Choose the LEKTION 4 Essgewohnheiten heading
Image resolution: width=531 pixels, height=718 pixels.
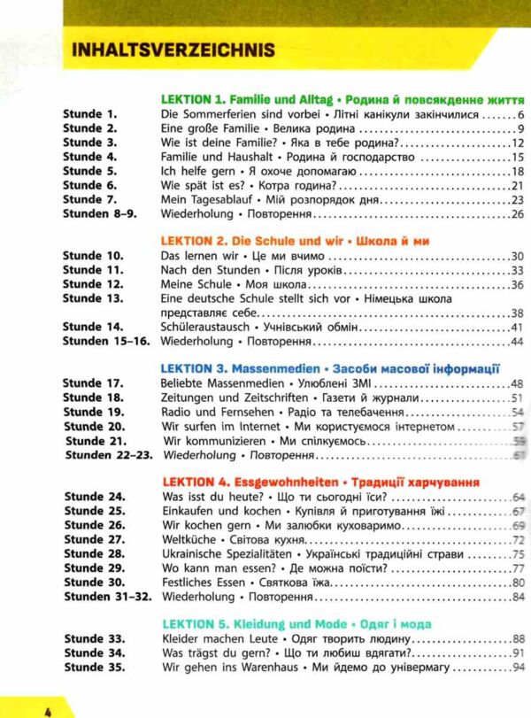click(322, 483)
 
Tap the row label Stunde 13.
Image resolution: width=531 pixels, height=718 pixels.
click(95, 298)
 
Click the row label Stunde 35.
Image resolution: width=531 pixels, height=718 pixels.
click(95, 668)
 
